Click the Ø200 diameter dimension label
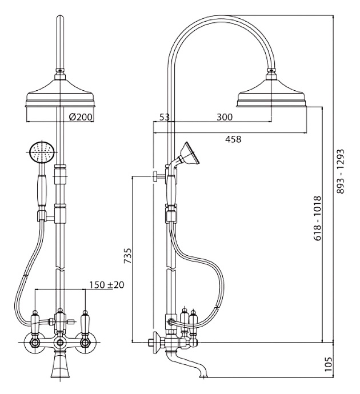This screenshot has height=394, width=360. pos(81,117)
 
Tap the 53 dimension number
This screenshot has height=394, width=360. pos(165,117)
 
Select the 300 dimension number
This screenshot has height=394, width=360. pos(225,117)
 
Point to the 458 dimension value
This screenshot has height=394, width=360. pos(233,139)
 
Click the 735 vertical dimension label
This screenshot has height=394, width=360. pos(127,256)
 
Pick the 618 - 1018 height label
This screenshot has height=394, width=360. pos(318,218)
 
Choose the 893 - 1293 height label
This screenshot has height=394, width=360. pos(340,171)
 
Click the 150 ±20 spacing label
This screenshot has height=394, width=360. pos(107,285)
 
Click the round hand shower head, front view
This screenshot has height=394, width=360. pos(42,152)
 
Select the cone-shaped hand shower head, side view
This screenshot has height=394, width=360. pos(190,153)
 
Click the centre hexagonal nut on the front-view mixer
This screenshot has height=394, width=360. pos(60,342)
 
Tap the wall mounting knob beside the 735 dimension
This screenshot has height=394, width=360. pos(155,176)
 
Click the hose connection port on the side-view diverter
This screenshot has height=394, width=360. pos(170,321)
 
